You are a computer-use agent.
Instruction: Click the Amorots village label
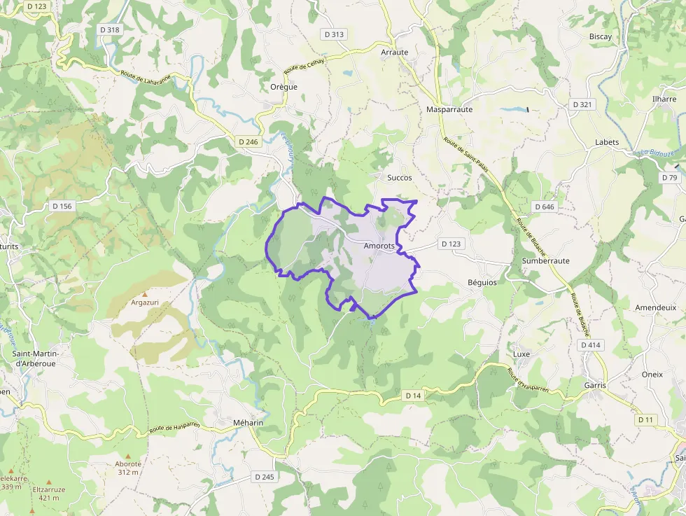pyautogui.click(x=379, y=246)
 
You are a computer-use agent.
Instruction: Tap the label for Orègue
pyautogui.click(x=283, y=87)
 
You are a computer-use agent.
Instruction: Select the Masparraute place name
pyautogui.click(x=449, y=109)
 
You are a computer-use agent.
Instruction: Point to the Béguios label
pyautogui.click(x=482, y=281)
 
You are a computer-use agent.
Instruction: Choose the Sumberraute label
pyautogui.click(x=545, y=260)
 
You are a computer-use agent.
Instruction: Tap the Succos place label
pyautogui.click(x=400, y=178)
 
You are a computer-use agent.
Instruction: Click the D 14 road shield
pyautogui.click(x=413, y=396)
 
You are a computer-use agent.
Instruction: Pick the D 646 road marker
pyautogui.click(x=543, y=207)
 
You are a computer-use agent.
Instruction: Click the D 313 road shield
pyautogui.click(x=335, y=34)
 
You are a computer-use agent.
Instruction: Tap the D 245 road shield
pyautogui.click(x=264, y=477)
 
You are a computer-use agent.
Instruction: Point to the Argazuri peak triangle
pyautogui.click(x=146, y=294)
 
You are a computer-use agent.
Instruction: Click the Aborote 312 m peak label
pyautogui.click(x=128, y=468)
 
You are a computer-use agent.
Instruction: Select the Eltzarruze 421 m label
pyautogui.click(x=49, y=494)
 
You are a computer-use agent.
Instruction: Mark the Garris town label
pyautogui.click(x=595, y=385)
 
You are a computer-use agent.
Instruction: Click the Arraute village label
pyautogui.click(x=394, y=53)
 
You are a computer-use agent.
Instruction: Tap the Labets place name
pyautogui.click(x=607, y=142)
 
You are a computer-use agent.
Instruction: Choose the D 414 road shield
pyautogui.click(x=591, y=345)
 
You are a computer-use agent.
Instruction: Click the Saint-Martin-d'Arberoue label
pyautogui.click(x=35, y=358)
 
